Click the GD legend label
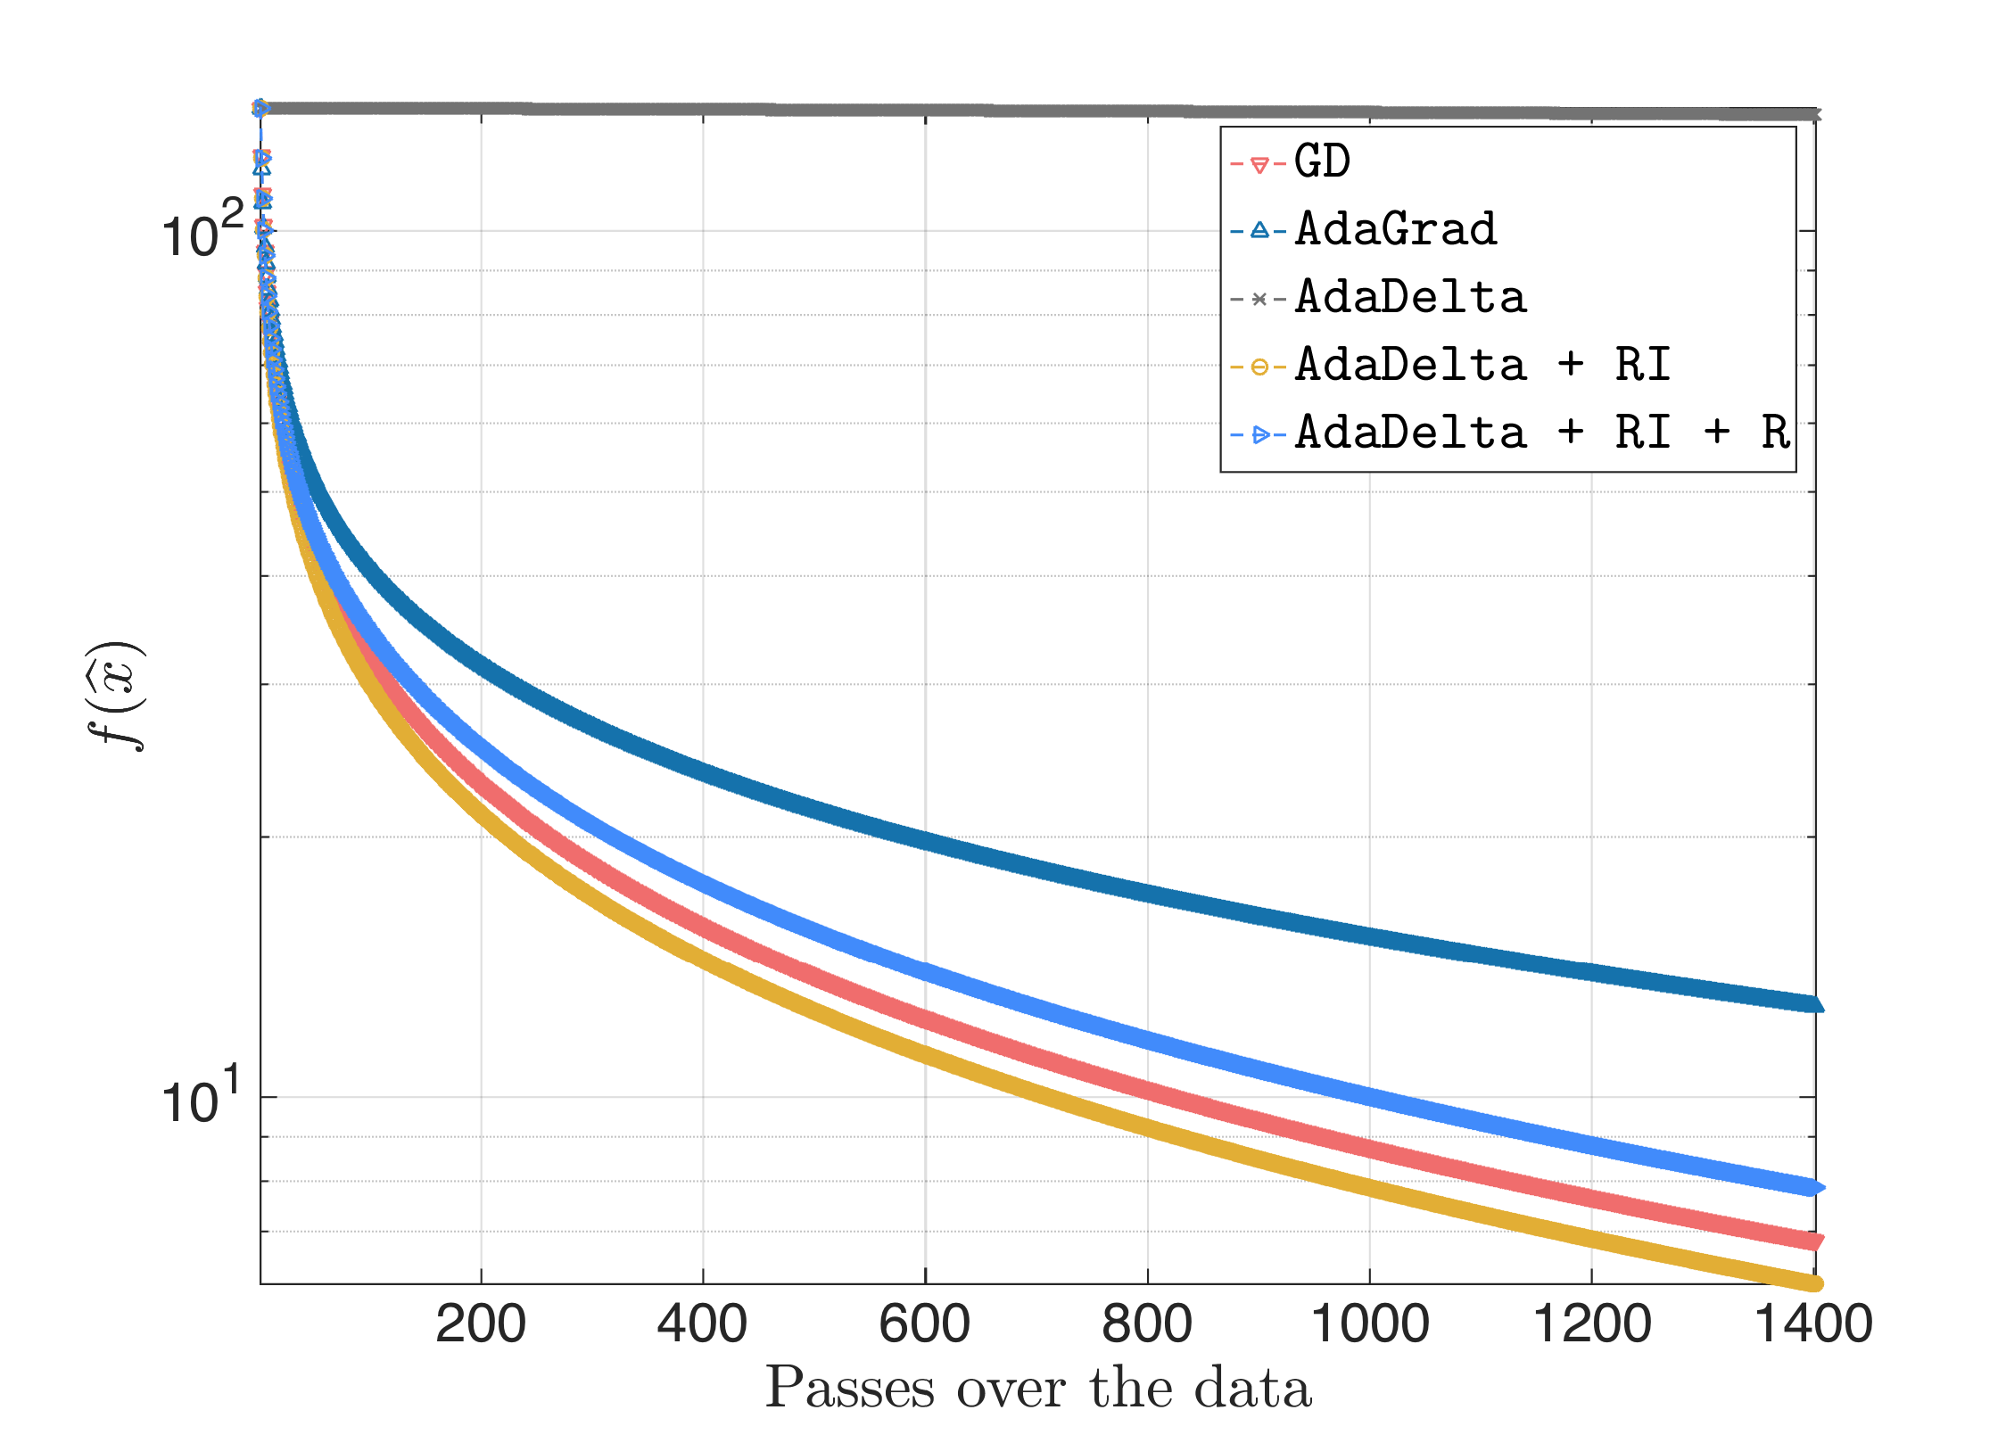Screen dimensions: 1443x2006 click(x=1322, y=162)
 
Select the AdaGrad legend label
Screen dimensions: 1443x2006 click(x=1396, y=230)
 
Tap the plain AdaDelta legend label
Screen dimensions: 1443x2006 click(x=1410, y=298)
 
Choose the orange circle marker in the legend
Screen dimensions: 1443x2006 click(x=1259, y=367)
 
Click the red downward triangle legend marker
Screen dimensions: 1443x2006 click(x=1259, y=165)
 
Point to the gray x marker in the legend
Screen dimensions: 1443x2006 click(x=1259, y=299)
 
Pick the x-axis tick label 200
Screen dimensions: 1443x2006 click(x=481, y=1323)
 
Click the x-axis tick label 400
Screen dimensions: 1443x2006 click(x=703, y=1323)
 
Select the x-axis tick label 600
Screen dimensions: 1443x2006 click(x=925, y=1323)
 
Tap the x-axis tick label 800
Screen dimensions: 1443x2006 click(x=1147, y=1323)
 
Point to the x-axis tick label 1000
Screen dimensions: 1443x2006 click(x=1370, y=1323)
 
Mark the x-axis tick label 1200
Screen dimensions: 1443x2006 click(x=1592, y=1323)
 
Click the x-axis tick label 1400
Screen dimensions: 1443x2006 click(x=1814, y=1323)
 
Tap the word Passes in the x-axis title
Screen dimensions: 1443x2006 click(x=851, y=1389)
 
